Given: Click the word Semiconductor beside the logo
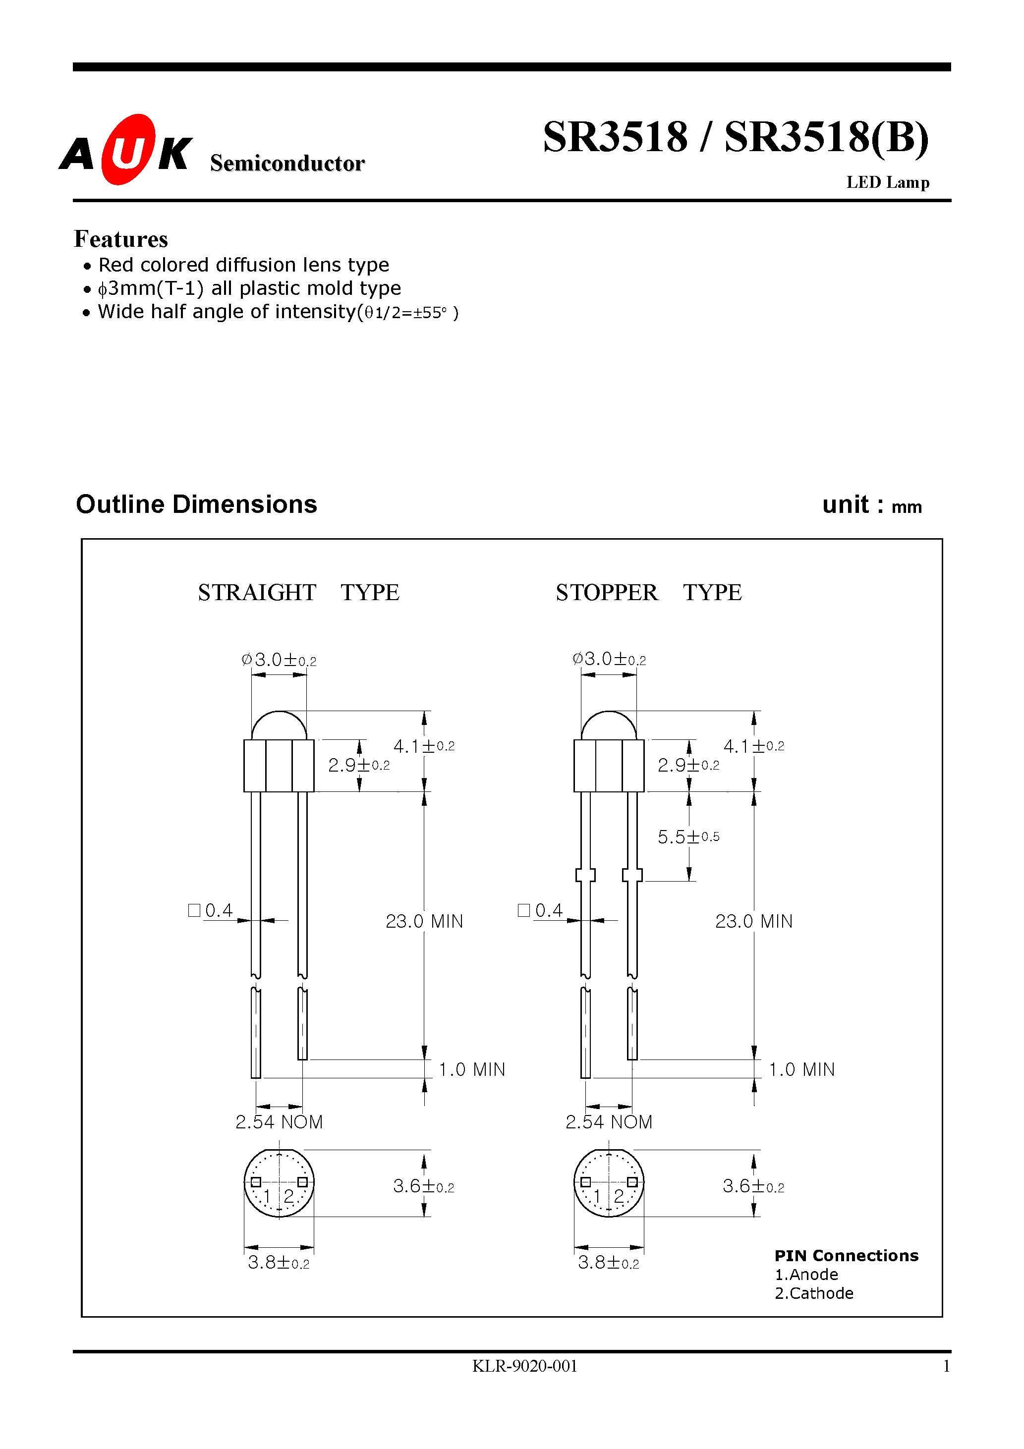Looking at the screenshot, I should [x=287, y=164].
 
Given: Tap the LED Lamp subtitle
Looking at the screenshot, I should [x=887, y=183].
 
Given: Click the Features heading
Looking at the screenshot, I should [x=120, y=239].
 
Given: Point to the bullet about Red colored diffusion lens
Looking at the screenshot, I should [x=243, y=265].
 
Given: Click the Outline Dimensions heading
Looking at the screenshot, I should [x=196, y=504].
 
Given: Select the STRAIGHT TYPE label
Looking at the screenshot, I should [x=298, y=593].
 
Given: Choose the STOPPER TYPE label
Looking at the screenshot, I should [x=648, y=593].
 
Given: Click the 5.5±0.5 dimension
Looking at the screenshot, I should [x=688, y=837].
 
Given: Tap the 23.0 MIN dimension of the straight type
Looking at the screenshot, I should [x=424, y=921].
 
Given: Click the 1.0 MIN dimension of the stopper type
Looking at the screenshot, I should [x=801, y=1070].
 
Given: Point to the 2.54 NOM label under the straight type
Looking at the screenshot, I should [x=279, y=1122].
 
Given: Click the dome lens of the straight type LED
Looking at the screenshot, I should [x=279, y=726].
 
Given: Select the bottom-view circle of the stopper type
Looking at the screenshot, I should [x=609, y=1183].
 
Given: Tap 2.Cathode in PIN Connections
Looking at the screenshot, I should [x=813, y=1293].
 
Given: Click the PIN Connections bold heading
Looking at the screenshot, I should [x=846, y=1255].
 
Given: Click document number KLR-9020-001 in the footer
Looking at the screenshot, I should [x=524, y=1366].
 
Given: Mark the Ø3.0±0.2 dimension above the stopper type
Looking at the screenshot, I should [x=609, y=660].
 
